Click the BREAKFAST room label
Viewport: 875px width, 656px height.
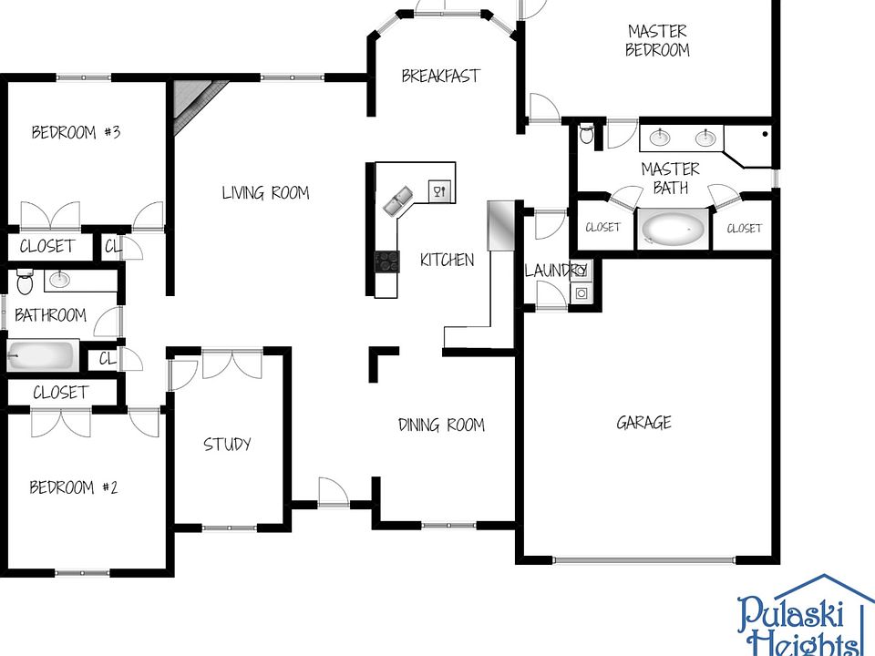pos(440,76)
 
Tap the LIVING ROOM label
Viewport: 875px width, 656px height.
pos(265,192)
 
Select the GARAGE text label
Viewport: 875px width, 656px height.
pos(643,422)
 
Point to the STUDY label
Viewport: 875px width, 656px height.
pos(227,444)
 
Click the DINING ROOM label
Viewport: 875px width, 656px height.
pos(441,425)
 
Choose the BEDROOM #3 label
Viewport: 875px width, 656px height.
pos(77,132)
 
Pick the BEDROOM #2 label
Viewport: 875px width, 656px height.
pos(74,487)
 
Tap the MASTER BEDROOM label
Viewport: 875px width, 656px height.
pos(656,40)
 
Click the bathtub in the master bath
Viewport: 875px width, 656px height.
pos(674,229)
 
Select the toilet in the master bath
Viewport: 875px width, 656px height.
pos(587,136)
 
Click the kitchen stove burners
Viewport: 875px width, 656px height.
pos(386,261)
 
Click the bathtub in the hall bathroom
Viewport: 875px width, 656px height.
pos(41,355)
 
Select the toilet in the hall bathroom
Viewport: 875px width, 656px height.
pos(25,282)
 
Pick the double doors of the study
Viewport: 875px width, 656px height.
pos(231,364)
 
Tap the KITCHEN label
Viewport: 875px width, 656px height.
pos(447,260)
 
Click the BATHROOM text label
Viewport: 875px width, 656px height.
pos(51,315)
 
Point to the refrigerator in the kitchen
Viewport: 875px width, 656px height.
pos(500,224)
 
